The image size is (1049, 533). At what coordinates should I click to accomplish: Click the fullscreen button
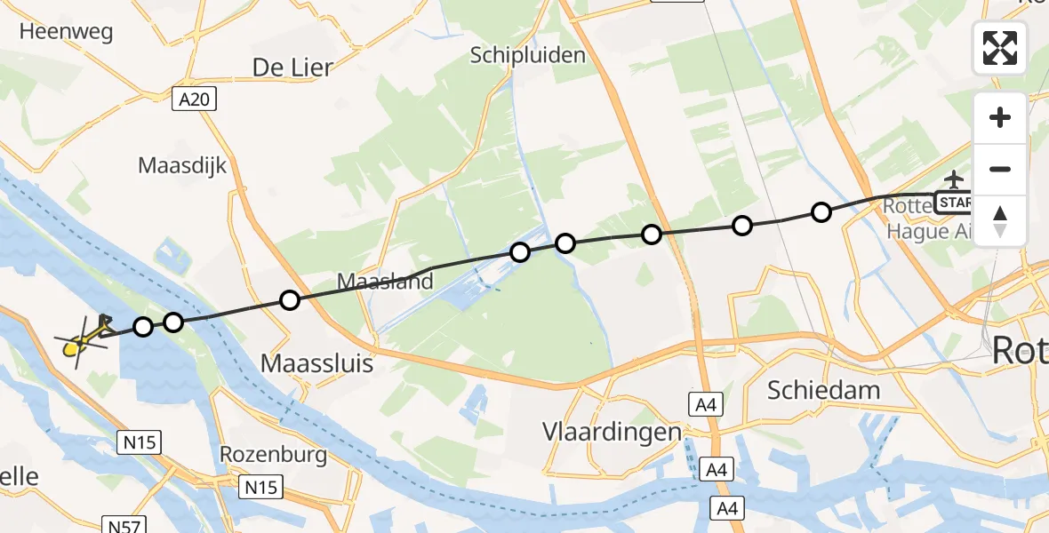tap(1000, 48)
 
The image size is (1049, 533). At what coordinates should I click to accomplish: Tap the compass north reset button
tap(1000, 221)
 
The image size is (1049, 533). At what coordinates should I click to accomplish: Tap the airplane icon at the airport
tap(955, 179)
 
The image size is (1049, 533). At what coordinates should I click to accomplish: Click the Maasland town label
tap(385, 282)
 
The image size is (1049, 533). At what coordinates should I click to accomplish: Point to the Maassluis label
tap(316, 362)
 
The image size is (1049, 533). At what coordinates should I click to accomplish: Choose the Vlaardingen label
tap(612, 432)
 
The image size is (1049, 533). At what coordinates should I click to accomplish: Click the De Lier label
tap(292, 67)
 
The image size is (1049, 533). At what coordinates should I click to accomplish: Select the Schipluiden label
tap(529, 55)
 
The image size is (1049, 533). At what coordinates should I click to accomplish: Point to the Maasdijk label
tap(183, 165)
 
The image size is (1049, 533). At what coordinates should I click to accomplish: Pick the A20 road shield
tap(194, 99)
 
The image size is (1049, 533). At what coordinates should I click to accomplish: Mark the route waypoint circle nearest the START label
tap(821, 211)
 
